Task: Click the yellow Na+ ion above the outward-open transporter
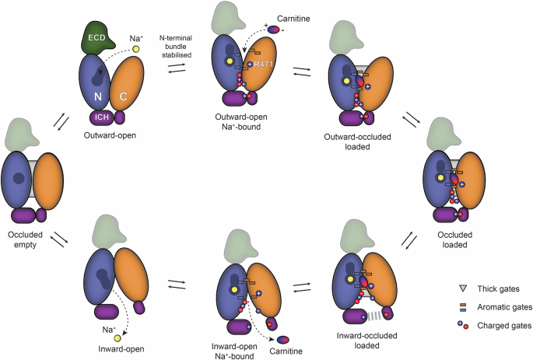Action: coord(135,50)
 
